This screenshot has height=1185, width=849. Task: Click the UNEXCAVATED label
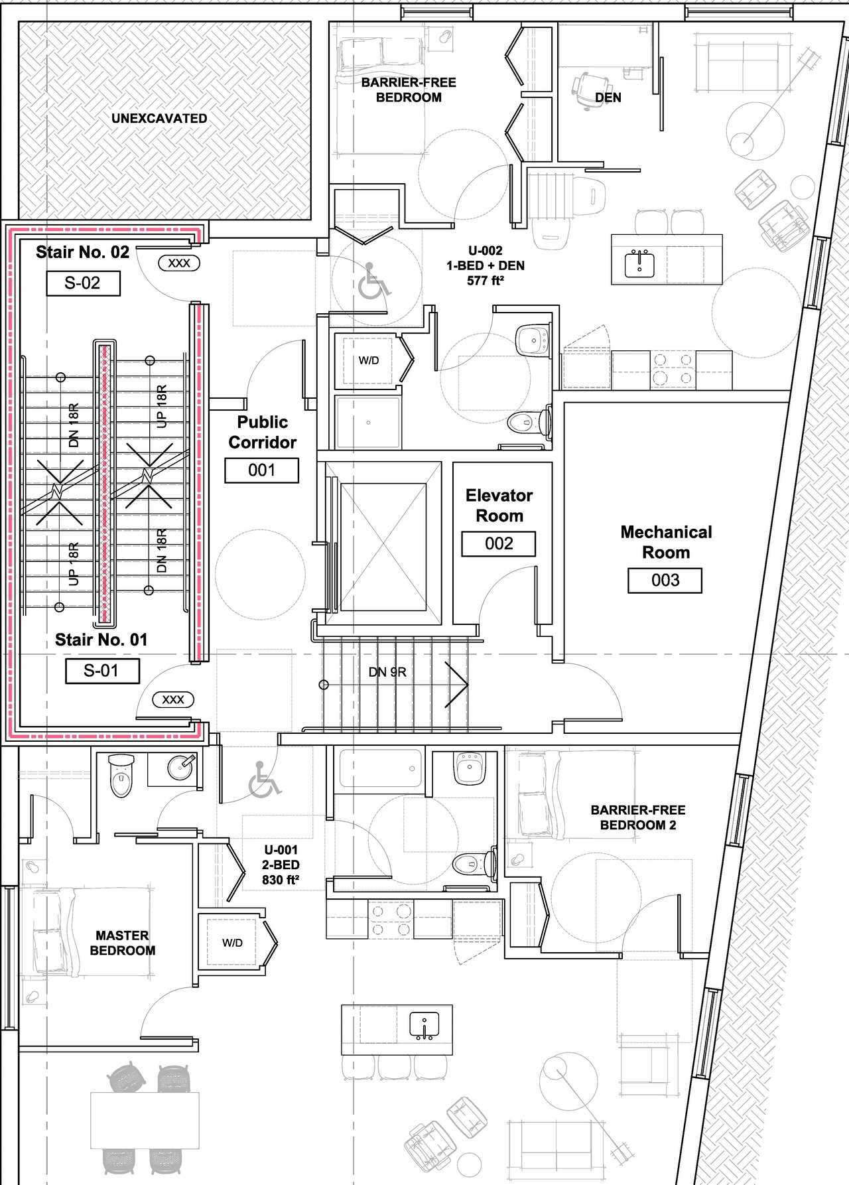[159, 119]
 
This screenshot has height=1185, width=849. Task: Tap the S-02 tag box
[83, 283]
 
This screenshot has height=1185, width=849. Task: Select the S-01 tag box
[102, 671]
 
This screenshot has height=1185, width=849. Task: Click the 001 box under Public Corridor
[261, 470]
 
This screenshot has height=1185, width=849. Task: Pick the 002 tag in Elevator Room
[499, 544]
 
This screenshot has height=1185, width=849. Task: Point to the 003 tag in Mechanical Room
[665, 581]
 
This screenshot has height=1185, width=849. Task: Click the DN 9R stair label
[387, 672]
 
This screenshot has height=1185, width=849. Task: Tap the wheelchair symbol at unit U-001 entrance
[264, 779]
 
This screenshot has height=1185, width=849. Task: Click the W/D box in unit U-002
[368, 361]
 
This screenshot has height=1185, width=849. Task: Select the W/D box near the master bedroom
[232, 943]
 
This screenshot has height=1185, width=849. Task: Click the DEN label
[608, 98]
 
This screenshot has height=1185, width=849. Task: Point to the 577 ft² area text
[485, 281]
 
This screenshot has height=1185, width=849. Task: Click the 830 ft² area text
[281, 880]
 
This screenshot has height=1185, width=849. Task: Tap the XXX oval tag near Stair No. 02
[179, 263]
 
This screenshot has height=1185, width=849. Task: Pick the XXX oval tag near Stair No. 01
[173, 699]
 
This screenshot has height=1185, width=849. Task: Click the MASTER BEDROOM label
[123, 943]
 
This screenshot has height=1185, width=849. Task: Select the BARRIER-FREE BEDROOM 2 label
[637, 817]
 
